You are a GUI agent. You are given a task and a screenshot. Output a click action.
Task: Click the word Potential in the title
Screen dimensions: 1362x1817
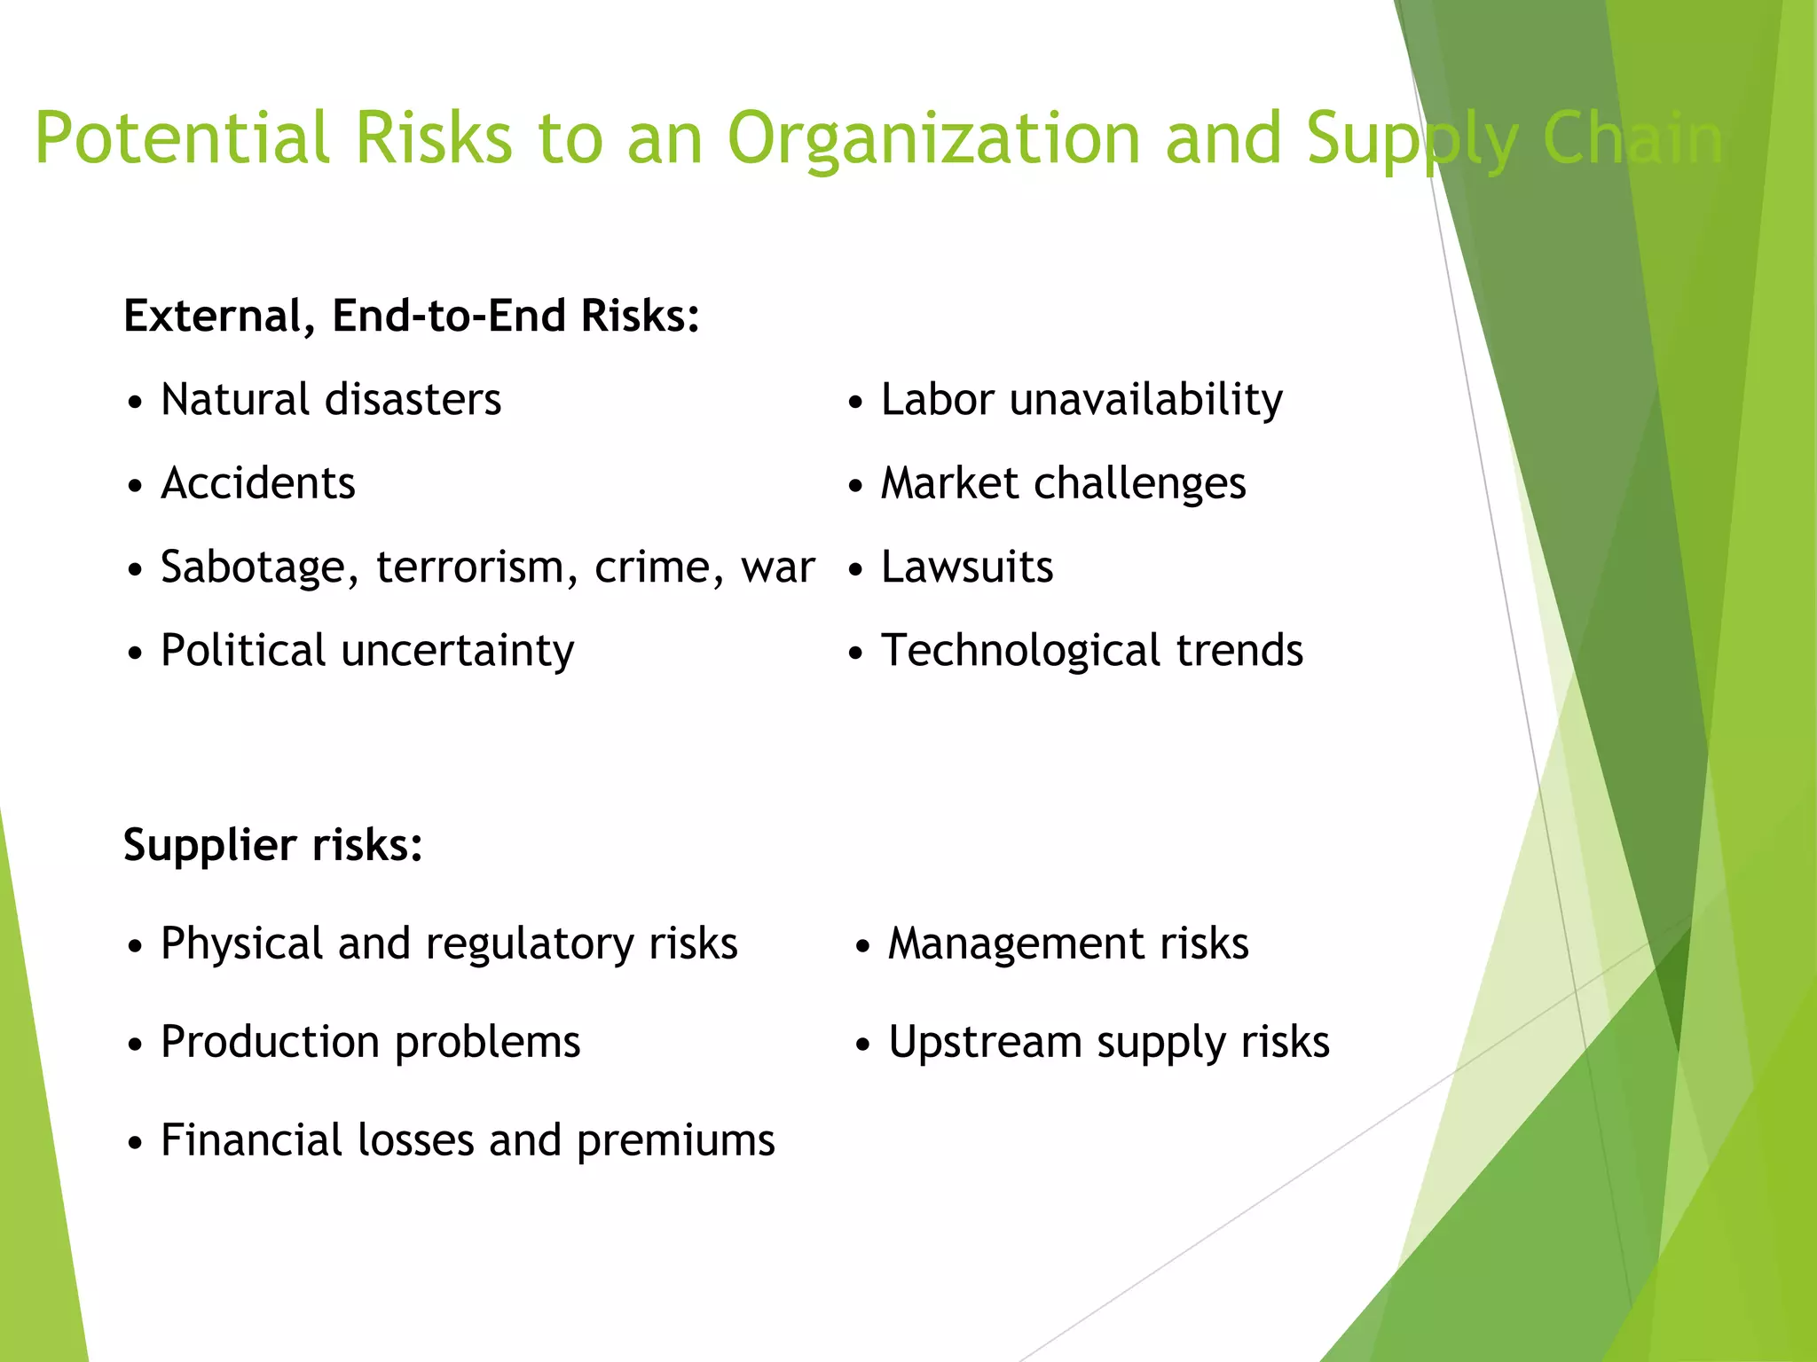coord(182,138)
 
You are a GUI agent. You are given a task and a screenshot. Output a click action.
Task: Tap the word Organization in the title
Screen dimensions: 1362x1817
coord(933,140)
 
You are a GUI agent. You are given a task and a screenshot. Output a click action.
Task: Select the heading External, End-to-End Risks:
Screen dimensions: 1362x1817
coord(412,316)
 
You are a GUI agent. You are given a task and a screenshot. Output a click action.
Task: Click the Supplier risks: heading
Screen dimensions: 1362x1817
coord(272,844)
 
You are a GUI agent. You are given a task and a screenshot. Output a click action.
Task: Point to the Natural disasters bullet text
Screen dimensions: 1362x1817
coord(330,399)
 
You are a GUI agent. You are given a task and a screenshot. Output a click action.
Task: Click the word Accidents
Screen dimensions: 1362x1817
coord(257,483)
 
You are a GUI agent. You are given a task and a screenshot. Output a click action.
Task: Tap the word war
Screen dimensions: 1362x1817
coord(778,567)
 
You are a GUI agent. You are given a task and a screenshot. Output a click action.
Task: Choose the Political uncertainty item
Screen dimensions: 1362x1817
coord(366,651)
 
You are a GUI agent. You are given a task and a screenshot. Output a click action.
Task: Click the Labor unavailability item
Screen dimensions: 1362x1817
coord(1081,400)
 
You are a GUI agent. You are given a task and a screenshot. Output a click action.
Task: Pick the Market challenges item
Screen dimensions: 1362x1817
coord(1062,484)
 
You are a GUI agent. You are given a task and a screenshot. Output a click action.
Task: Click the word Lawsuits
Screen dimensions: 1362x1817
coord(966,567)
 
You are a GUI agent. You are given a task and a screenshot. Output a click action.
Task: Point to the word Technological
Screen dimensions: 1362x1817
coord(1020,651)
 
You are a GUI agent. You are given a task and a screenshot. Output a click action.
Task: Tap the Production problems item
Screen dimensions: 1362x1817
coord(370,1042)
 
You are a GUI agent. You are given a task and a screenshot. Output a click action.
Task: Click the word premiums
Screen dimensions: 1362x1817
coord(675,1141)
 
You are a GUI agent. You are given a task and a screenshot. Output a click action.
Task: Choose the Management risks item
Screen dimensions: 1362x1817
coord(1067,943)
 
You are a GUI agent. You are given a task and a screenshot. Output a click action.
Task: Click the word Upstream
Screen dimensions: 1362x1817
coord(984,1043)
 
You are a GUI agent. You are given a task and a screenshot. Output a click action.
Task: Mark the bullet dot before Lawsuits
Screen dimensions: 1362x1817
coord(855,570)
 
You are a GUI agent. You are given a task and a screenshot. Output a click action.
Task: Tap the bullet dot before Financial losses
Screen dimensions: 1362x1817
coord(135,1143)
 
